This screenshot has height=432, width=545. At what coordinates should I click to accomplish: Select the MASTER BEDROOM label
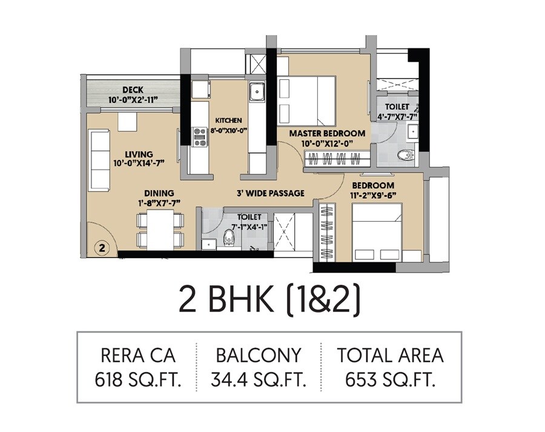coord(327,133)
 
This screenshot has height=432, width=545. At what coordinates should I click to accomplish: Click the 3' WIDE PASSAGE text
coord(270,194)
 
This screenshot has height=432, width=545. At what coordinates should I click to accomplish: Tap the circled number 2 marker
coord(102,247)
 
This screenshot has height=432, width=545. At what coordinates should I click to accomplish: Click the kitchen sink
coord(257,92)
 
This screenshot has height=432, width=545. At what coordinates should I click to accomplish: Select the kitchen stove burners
coord(199,136)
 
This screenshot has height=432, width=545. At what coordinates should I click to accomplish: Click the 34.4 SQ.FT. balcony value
coord(258,380)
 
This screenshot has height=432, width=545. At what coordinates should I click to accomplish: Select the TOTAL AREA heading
coord(391,355)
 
